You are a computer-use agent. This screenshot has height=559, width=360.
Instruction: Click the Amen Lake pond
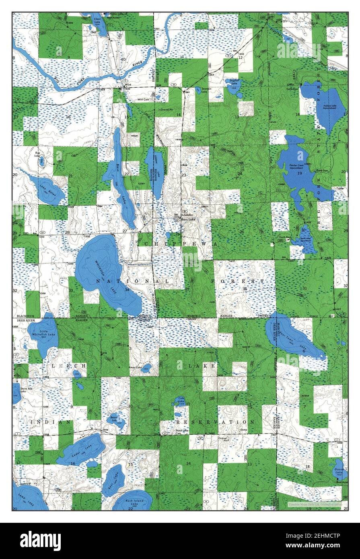[x=146, y=368]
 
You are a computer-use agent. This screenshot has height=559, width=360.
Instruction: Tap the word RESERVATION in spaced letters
[x=215, y=422]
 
